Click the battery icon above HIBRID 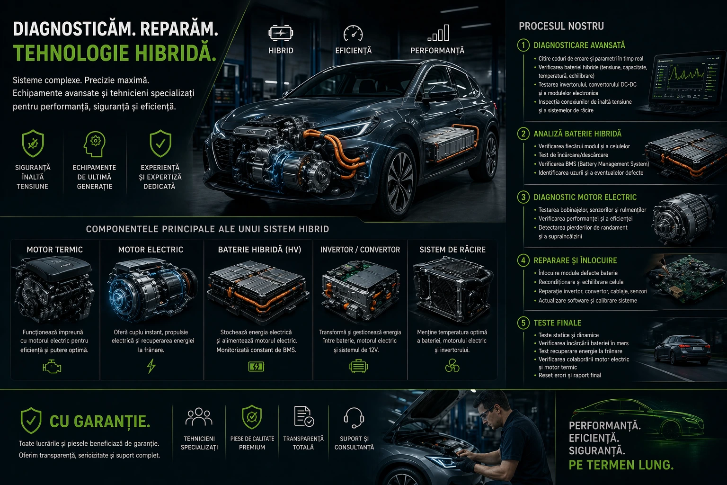pos(281,33)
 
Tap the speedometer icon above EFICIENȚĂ pos(353,33)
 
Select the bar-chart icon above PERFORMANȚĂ pos(438,33)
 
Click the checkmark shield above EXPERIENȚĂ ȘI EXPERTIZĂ pos(160,144)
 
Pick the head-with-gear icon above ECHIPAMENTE pos(95,144)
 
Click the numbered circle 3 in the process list pos(523,197)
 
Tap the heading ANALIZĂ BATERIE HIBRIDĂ pos(577,134)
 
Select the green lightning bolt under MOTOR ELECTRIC pos(151,366)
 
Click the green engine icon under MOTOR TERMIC pos(52,367)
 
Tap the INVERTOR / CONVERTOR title pos(360,250)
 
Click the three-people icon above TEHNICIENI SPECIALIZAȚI pos(199,417)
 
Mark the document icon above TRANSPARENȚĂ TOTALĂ pos(304,416)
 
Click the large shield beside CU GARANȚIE pos(31,421)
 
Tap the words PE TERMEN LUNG pos(621,465)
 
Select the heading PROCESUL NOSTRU pos(561,27)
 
